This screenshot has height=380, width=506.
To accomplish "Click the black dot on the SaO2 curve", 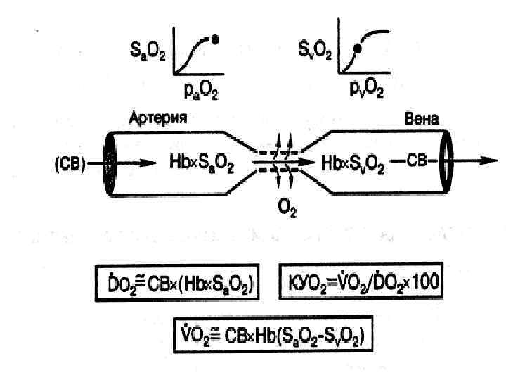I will [x=215, y=40].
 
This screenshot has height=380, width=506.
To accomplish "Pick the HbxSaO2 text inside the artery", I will [x=202, y=163].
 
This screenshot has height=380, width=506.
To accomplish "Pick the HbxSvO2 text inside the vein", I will [x=353, y=163].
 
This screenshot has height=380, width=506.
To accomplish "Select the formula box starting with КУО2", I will [x=361, y=282].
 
